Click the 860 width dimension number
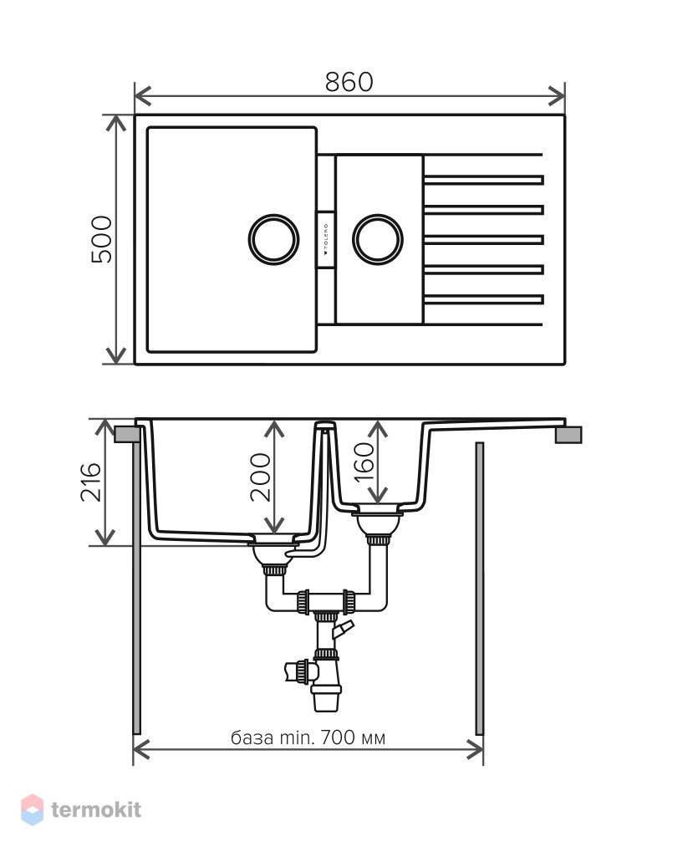tap(349, 82)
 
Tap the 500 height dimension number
tap(101, 239)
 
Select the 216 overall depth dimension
tap(91, 482)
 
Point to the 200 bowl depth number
tap(260, 477)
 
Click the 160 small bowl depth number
tap(364, 462)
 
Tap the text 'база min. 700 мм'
tap(308, 737)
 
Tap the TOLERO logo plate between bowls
tap(326, 239)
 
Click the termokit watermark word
tap(96, 809)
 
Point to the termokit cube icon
tap(33, 809)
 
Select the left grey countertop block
tap(125, 435)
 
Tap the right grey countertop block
tap(568, 435)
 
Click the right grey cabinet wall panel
tap(480, 589)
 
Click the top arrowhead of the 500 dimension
tap(115, 123)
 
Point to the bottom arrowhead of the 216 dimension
tap(104, 538)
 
